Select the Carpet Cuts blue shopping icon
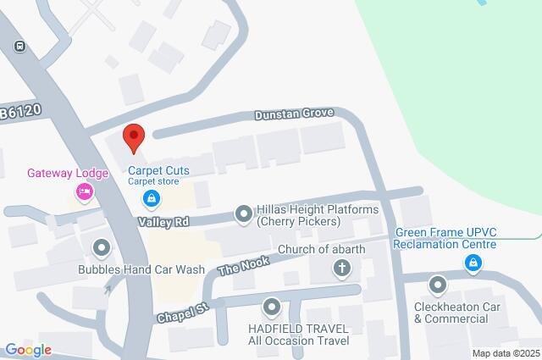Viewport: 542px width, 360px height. click(151, 199)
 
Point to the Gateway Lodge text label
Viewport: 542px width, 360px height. click(68, 174)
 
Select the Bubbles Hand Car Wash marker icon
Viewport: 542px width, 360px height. click(102, 248)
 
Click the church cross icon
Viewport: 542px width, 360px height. click(342, 269)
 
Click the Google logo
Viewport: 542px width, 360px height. click(27, 350)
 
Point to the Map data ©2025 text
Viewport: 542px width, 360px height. click(506, 353)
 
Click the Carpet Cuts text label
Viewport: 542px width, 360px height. click(158, 170)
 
